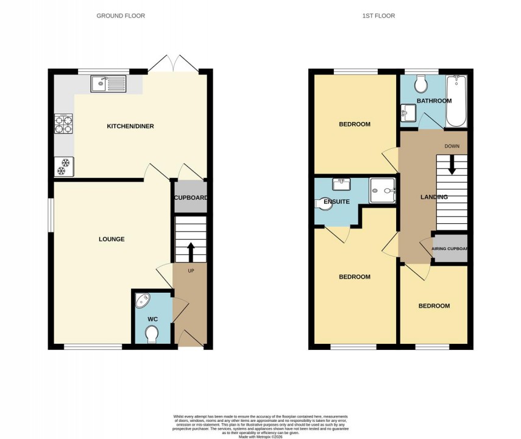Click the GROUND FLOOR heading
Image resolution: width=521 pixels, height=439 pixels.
121,16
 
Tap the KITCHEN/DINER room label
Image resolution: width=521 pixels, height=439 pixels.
130,126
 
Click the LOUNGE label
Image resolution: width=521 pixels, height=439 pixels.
112,239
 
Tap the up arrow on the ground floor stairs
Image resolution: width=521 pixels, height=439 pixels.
190,251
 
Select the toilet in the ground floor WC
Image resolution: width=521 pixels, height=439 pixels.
152,334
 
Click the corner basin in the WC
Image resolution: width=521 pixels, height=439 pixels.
143,301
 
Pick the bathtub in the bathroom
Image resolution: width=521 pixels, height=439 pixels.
456,101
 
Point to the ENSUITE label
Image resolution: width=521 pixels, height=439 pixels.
336,201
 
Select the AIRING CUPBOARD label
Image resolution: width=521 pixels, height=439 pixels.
450,249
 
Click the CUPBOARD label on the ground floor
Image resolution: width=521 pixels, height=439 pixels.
191,198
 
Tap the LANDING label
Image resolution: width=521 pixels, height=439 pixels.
434,197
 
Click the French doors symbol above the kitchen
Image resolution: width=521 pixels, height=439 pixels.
174,63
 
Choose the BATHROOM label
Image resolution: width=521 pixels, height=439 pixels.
434,101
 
